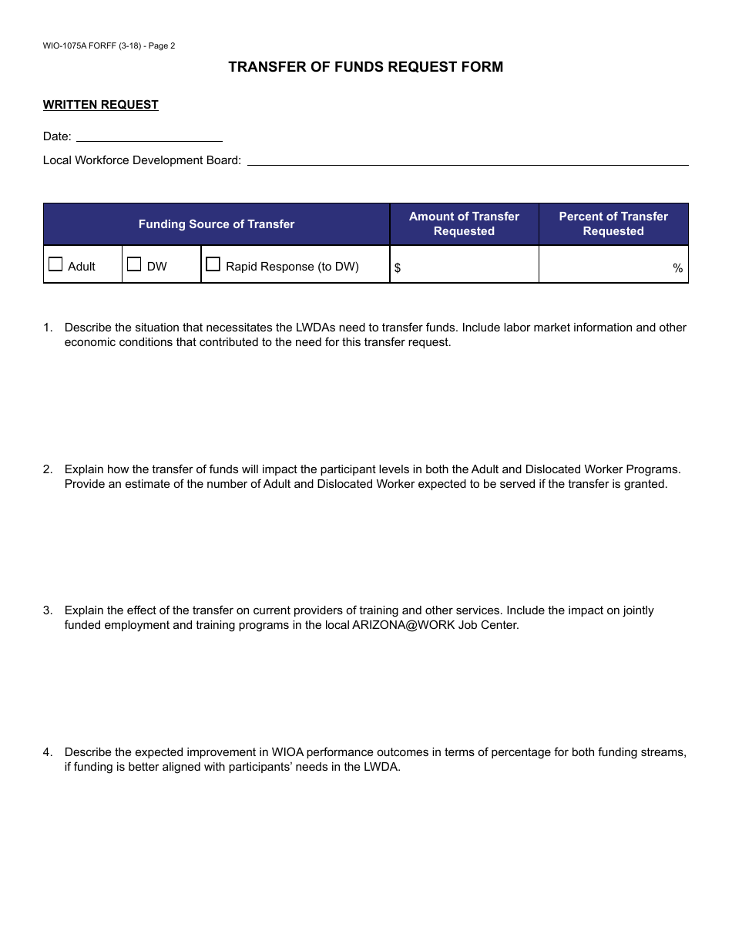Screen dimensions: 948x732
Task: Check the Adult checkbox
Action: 55,264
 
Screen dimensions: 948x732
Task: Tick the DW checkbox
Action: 134,264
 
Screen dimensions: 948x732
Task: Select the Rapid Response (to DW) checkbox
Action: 213,264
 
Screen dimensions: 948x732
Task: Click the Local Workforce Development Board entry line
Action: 467,160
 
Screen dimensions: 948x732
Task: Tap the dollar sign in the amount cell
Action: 398,268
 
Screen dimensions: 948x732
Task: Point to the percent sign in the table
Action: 678,268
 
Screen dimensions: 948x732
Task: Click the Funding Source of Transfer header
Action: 217,224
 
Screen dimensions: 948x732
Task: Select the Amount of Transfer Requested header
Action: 464,224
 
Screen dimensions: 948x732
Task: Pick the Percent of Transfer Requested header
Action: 613,224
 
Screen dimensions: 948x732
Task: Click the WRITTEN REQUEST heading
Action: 101,105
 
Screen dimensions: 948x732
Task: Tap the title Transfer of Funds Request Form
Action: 366,67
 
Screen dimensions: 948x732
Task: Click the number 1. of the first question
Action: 48,328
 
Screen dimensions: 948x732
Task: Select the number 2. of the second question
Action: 48,469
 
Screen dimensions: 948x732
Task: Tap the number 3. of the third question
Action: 48,610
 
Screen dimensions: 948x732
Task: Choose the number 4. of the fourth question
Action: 48,752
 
